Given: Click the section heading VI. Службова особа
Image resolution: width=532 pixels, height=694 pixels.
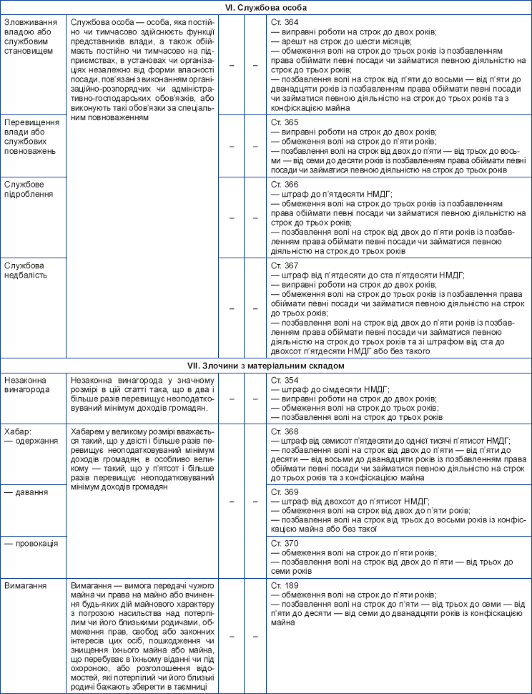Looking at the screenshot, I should (266, 8).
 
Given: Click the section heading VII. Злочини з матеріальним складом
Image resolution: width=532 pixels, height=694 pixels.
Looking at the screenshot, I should (266, 365).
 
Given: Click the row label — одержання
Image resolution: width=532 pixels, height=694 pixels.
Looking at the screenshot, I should (31, 441).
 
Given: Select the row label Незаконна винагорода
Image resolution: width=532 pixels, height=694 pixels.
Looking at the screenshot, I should (29, 384).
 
